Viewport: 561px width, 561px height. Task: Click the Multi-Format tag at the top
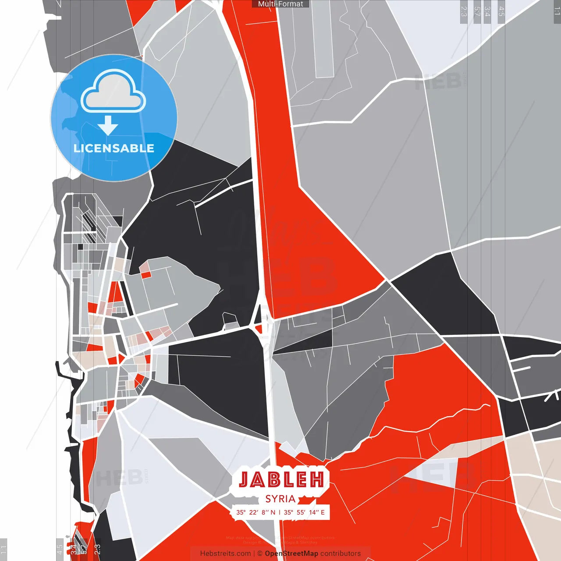(x=280, y=4)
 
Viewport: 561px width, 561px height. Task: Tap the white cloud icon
(x=114, y=92)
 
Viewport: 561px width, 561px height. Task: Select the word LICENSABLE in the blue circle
(x=114, y=148)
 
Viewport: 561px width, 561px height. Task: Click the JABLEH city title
(x=281, y=479)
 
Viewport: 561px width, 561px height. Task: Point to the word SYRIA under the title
(x=280, y=499)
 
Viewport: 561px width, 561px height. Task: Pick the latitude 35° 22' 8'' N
(x=256, y=512)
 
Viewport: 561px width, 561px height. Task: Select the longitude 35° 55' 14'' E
(x=304, y=512)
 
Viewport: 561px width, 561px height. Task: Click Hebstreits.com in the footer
(x=225, y=554)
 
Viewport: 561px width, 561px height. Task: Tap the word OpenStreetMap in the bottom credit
(x=291, y=554)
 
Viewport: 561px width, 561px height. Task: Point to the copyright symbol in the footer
(x=260, y=554)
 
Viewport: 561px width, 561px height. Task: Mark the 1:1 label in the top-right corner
(x=557, y=11)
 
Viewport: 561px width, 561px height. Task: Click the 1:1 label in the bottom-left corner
(x=4, y=550)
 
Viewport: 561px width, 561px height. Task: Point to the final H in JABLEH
(x=317, y=479)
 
